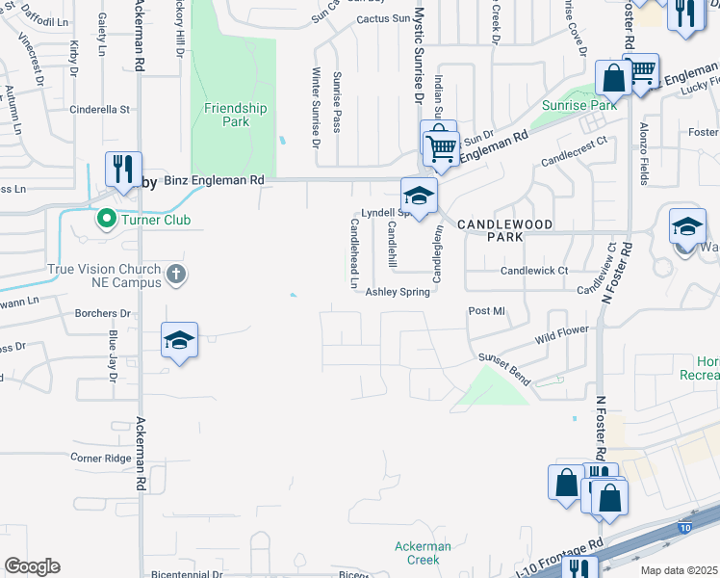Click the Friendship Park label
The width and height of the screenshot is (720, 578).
pos(227,115)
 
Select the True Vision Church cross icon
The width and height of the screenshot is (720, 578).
pos(174,275)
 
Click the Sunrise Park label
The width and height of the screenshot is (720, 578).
pos(579,104)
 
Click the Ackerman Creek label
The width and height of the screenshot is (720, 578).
pos(423,553)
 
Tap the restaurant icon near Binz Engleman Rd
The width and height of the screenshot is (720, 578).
pos(123,170)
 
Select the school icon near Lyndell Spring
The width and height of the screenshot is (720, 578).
pos(420,196)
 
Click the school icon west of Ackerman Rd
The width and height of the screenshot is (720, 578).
pos(179,340)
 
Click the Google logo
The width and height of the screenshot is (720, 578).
pos(32,566)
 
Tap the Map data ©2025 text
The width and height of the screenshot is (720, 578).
pos(678,569)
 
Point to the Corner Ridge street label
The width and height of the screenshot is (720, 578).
pos(101,458)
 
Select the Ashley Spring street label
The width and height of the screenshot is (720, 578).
pos(397,292)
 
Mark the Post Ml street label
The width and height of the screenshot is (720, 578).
pos(486,311)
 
